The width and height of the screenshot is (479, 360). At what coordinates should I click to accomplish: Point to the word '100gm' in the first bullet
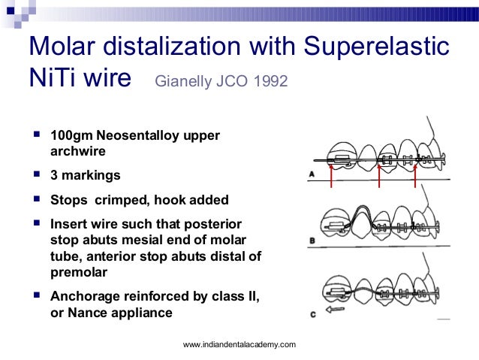click(x=69, y=137)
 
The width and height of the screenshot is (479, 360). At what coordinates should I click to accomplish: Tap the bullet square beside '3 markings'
click(x=36, y=174)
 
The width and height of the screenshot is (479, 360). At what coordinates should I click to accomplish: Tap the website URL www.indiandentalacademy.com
click(x=239, y=345)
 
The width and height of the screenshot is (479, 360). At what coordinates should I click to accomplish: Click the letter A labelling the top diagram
click(x=312, y=174)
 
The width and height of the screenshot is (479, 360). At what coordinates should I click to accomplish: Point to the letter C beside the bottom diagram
click(x=312, y=313)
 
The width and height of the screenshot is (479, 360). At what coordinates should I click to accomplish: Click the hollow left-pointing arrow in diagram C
click(x=333, y=307)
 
